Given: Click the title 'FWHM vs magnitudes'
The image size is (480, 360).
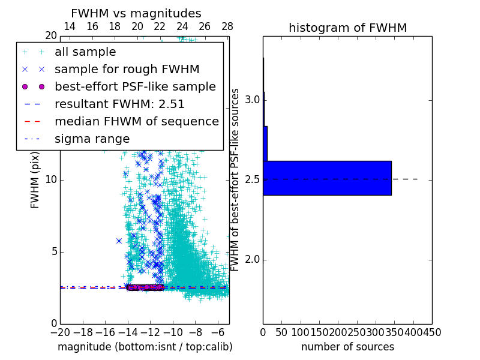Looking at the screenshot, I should tap(136, 14).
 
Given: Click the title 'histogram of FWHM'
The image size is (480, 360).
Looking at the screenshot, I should tap(347, 28).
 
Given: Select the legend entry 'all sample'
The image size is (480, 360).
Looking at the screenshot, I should tap(85, 52).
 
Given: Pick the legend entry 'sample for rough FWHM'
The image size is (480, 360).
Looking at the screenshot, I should tap(127, 70).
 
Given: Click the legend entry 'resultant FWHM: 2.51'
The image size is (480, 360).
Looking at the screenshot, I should tap(119, 104).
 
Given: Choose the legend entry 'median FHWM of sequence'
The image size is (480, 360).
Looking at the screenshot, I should tap(136, 122).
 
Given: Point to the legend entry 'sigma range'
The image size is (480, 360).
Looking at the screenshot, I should tap(92, 139).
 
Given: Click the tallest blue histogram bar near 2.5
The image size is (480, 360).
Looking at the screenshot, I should tap(327, 178).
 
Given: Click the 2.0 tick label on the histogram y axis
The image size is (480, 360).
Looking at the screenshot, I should tap(253, 259).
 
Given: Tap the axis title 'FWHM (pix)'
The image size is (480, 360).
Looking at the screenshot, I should tap(35, 179).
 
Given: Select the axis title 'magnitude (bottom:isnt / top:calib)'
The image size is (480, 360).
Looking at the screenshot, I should tap(145, 347).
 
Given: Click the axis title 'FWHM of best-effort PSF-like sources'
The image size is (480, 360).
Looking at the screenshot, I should tap(236, 179).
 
